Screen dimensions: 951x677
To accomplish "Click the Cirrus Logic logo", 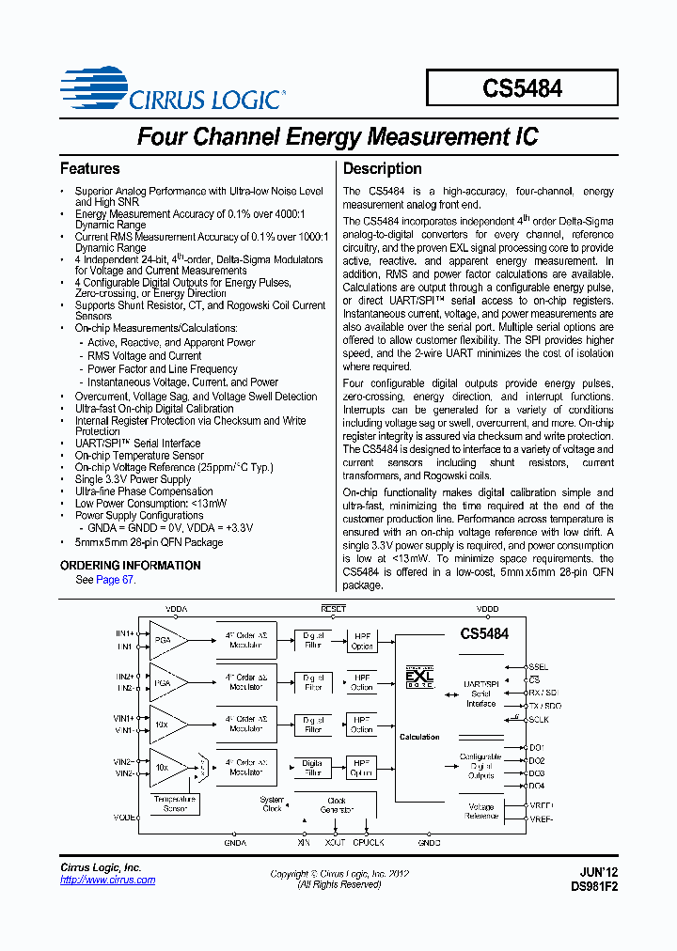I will tap(172, 90).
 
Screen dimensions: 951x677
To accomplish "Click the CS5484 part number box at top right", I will tap(522, 88).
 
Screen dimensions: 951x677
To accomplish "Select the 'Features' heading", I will tap(90, 169).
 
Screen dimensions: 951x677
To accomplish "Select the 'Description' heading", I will tap(382, 169).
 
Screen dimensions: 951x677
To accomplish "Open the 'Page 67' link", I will tap(115, 580).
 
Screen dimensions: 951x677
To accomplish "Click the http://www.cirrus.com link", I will tap(107, 881).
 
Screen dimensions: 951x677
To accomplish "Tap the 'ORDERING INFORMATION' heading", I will tap(131, 566).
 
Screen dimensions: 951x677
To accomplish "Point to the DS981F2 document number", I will tap(594, 886).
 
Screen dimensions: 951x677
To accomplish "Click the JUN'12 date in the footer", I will tap(599, 872).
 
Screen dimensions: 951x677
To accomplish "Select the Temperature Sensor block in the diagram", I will tap(175, 803).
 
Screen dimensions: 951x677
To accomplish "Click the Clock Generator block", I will tap(337, 806).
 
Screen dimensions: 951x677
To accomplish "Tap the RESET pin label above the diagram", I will tap(334, 609).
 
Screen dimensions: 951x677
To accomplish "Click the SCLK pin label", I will tap(539, 720).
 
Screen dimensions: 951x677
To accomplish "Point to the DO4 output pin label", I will tap(536, 786).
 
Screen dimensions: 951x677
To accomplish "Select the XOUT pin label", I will tap(335, 843).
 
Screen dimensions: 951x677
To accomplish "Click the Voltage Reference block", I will tap(480, 812).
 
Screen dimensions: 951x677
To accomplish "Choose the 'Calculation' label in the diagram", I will tap(419, 737).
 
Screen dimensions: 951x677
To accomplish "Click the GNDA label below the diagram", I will tap(235, 843).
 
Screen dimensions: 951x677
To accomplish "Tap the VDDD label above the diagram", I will tap(487, 609).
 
